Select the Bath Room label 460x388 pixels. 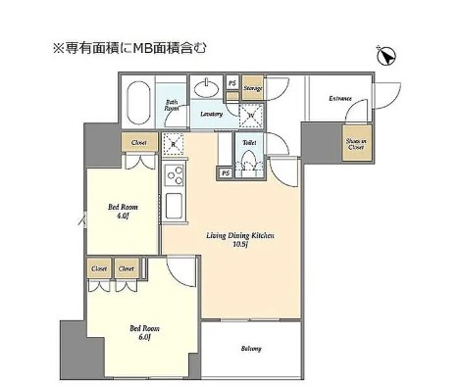tap(172, 105)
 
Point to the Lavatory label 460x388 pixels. tap(212, 115)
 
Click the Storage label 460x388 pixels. tap(253, 88)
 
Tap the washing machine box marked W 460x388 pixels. tap(250, 116)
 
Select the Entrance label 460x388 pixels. tap(340, 98)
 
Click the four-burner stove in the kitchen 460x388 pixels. tap(177, 175)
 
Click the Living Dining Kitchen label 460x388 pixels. tap(239, 240)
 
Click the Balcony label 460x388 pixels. tap(251, 349)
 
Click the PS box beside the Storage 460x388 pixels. tap(232, 83)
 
